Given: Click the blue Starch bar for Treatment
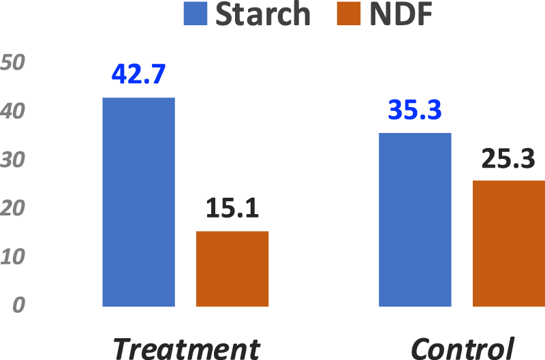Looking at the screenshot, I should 138,202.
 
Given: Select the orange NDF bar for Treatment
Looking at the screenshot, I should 232,269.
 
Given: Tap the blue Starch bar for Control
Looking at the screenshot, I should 415,220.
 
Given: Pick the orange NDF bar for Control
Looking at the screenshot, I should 509,243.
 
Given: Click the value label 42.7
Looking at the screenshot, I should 138,74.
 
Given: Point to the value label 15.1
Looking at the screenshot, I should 232,209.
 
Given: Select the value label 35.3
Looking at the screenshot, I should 415,110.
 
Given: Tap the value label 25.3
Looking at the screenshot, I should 509,158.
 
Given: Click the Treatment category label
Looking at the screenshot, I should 186,348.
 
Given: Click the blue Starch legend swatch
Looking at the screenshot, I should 196,14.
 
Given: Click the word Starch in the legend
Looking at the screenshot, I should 263,14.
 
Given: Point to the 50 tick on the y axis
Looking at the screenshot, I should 13,63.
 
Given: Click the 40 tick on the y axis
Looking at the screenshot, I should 13,111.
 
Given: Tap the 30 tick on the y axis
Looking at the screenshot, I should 13,160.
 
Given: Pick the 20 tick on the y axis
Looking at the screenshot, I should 13,209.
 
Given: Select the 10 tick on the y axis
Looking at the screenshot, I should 13,257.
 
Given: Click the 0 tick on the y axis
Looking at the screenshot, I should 18,306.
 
